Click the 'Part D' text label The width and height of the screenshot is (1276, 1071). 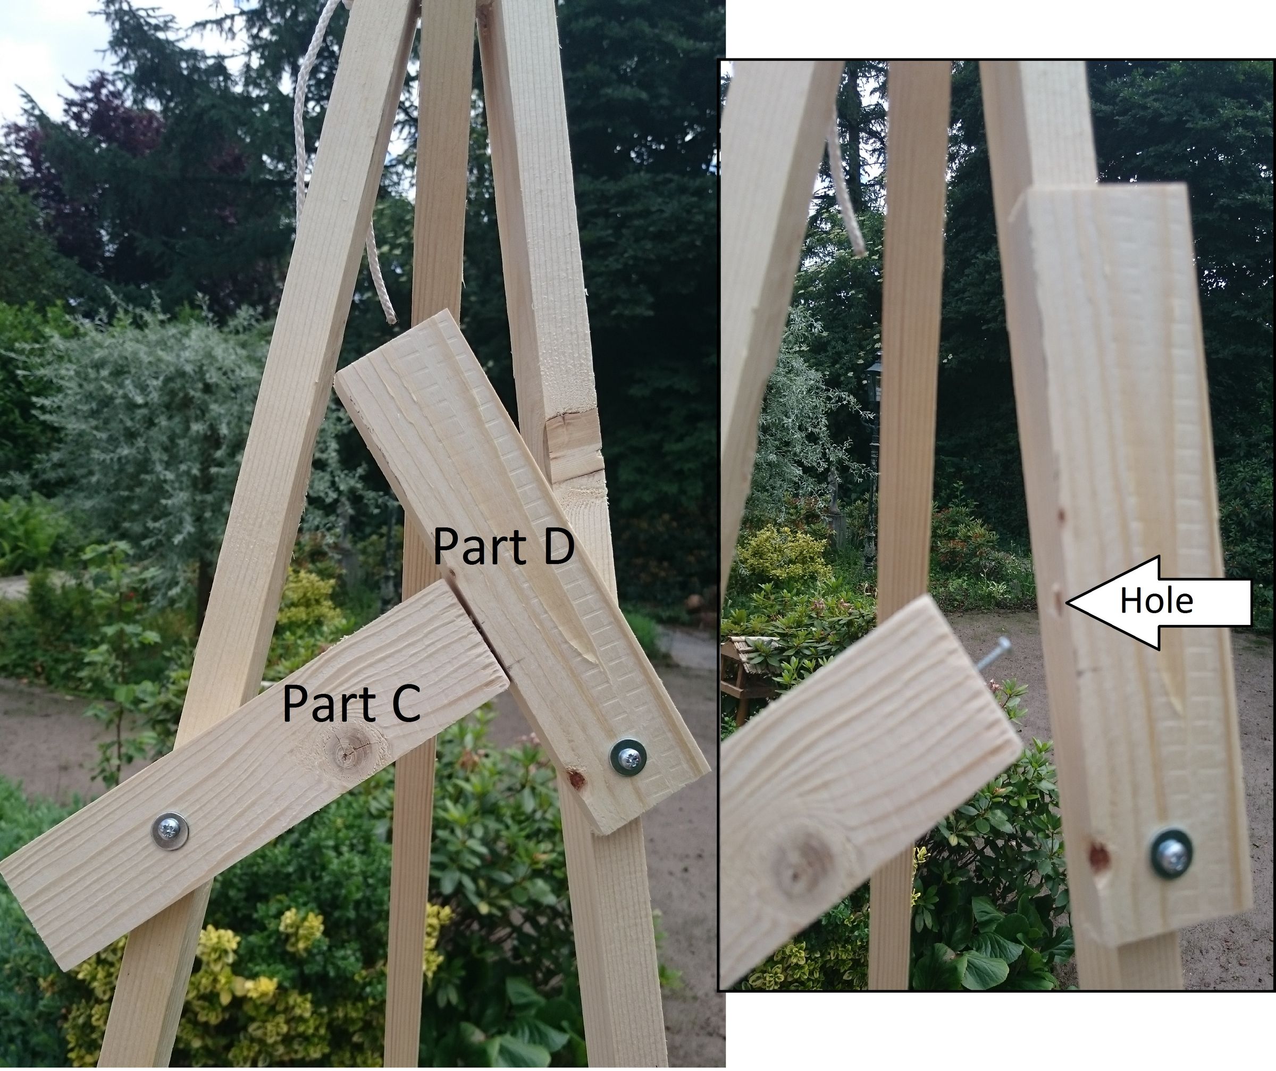pos(503,545)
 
